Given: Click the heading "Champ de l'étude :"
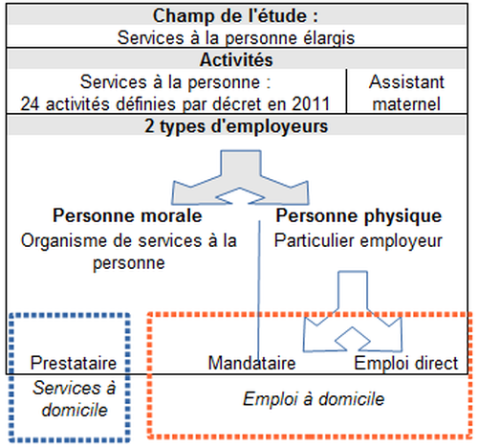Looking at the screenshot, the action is pos(235,15).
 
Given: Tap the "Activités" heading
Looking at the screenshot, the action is pos(236,59).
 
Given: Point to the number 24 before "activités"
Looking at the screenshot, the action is pos(31,104).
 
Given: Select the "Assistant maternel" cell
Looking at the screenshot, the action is pos(406,93).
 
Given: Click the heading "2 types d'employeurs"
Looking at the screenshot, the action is pos(236,126).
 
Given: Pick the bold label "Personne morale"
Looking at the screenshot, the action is pos(127,215).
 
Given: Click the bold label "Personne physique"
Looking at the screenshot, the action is pos(358,215).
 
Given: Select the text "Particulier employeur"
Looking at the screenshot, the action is pos(358,240).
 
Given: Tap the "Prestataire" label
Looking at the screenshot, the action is pos(74,363).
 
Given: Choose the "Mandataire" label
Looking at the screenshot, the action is pos(251,363).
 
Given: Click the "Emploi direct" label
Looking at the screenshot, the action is pos(406,364).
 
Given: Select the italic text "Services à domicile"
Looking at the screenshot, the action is pos(75,399).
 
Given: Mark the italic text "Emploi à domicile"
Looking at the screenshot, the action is pos(314,399).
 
